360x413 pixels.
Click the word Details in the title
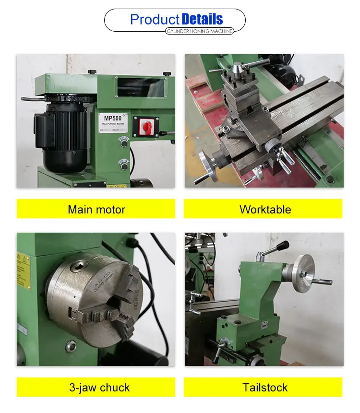[202, 19]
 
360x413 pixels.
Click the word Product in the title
[155, 19]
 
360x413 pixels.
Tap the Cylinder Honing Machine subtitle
[199, 31]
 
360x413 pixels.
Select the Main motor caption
[96, 209]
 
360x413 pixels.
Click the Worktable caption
[265, 209]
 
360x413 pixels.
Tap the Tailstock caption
[265, 388]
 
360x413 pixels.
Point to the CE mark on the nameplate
[123, 115]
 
